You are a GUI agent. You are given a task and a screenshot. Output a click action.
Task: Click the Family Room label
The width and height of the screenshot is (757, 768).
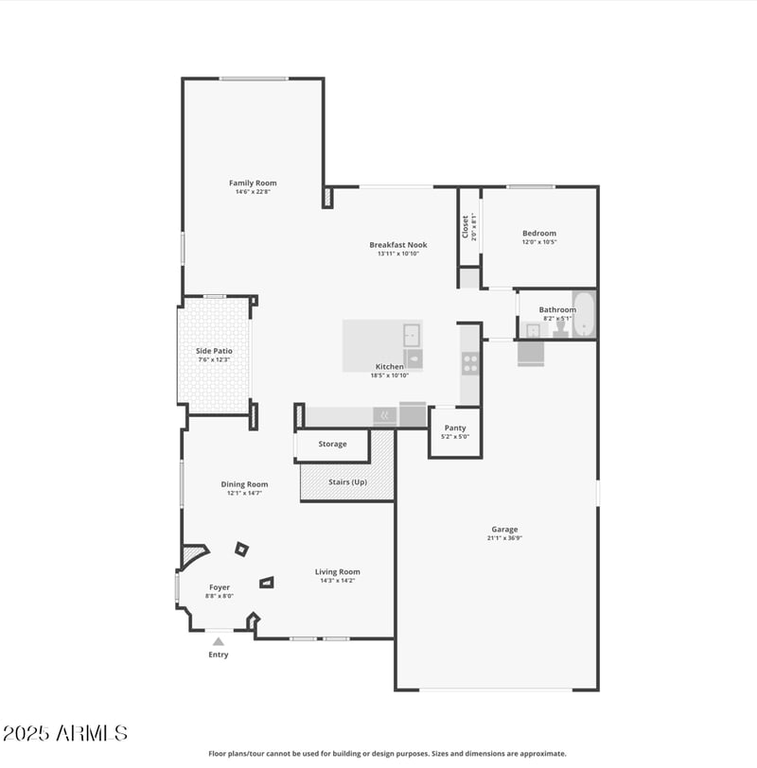pos(253,183)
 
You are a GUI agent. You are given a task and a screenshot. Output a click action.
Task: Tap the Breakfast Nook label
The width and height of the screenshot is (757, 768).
pos(398,244)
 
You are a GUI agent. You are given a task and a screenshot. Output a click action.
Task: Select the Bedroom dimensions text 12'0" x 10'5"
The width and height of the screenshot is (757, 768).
pos(539,242)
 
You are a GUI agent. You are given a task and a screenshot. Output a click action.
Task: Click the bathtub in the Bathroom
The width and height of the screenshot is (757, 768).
pos(584,314)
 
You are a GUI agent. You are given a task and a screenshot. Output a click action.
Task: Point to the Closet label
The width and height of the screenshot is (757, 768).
pos(466,227)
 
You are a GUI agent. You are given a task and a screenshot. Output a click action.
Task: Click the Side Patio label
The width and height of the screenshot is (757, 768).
pos(214,351)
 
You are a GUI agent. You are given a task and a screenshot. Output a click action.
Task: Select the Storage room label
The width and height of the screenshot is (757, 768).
pos(332,444)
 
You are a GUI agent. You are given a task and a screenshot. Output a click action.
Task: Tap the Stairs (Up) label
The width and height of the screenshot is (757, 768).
pos(347,481)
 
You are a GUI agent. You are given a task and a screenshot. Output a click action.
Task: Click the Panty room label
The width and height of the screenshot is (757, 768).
pos(455,428)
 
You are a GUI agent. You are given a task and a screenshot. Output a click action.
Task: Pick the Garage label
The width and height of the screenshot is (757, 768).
pos(504,529)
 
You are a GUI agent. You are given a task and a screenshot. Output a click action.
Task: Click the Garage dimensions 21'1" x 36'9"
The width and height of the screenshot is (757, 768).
pos(504,538)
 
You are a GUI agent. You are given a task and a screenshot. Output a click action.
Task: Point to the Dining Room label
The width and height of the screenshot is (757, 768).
pos(244,484)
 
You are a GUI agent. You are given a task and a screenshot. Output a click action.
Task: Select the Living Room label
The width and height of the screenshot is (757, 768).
pos(338,571)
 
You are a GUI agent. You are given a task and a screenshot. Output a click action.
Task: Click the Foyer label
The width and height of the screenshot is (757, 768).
pos(220,587)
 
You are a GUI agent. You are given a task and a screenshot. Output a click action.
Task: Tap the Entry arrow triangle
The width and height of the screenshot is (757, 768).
pos(219,641)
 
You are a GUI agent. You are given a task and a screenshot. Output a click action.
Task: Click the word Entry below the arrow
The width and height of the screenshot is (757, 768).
pos(219,655)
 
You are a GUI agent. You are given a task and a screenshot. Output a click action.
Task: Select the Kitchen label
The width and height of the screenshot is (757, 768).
pos(389,366)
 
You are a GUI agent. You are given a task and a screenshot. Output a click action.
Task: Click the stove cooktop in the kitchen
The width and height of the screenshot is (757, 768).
pos(469,363)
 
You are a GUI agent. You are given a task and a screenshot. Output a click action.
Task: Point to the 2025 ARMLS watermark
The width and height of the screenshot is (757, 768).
pos(64,733)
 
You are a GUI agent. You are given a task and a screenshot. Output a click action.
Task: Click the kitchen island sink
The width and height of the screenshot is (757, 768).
pos(412,334)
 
